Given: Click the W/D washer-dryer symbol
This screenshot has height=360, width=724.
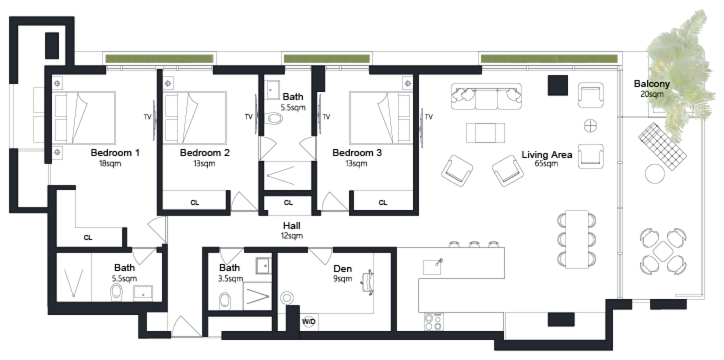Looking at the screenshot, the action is pyautogui.click(x=308, y=321).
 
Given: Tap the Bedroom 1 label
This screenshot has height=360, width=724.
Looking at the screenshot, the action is pyautogui.click(x=115, y=152).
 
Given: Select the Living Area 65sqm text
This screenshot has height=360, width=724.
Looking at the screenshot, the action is pyautogui.click(x=546, y=158).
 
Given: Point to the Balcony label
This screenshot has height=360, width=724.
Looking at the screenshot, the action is pyautogui.click(x=651, y=83).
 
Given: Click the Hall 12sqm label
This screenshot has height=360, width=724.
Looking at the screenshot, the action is pyautogui.click(x=291, y=230).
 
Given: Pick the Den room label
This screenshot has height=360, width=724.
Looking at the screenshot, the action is pyautogui.click(x=342, y=268).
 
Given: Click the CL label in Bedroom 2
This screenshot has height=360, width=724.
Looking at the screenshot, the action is pyautogui.click(x=194, y=202).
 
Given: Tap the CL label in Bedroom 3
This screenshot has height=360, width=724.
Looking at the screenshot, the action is pyautogui.click(x=382, y=202).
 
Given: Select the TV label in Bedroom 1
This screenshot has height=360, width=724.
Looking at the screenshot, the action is pyautogui.click(x=147, y=116).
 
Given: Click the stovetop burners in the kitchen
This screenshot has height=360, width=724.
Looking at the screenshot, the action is pyautogui.click(x=434, y=322).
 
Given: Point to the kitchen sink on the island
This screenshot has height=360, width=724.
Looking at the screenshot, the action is pyautogui.click(x=432, y=266).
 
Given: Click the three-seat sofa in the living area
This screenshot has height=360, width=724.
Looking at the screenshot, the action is pyautogui.click(x=486, y=96).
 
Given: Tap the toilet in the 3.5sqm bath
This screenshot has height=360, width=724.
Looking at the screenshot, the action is pyautogui.click(x=224, y=300).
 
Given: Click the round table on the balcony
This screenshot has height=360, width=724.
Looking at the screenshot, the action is pyautogui.click(x=655, y=174).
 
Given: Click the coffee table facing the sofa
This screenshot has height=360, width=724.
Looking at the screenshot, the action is pyautogui.click(x=485, y=133).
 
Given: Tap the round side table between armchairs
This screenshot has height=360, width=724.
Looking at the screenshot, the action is pyautogui.click(x=590, y=126).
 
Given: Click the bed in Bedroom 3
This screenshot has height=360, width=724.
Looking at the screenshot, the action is pyautogui.click(x=381, y=117).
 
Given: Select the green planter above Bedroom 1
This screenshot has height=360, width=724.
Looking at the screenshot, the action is pyautogui.click(x=159, y=59).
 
